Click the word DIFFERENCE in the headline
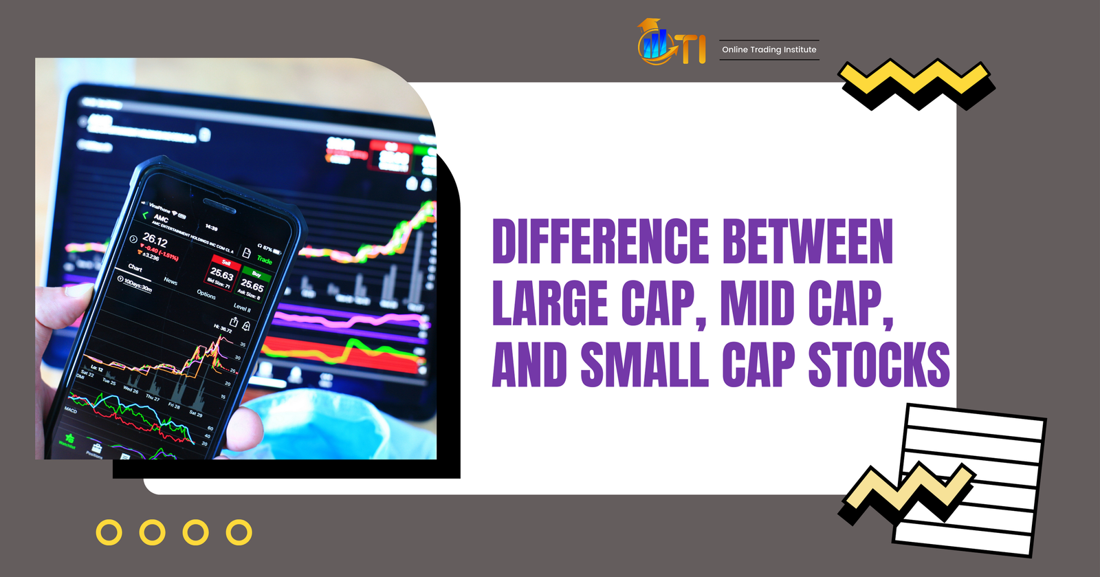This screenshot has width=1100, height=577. click(600, 241)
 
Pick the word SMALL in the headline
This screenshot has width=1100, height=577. click(644, 364)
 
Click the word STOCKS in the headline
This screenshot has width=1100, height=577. click(879, 364)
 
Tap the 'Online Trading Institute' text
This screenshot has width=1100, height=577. click(769, 50)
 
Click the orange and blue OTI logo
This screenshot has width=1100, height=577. click(672, 43)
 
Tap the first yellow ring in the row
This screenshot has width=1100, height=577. click(109, 532)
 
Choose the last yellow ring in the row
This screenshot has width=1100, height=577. click(239, 532)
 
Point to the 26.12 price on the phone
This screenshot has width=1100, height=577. click(155, 240)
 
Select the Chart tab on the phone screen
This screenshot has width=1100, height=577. click(135, 268)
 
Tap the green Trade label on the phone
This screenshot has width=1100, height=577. click(265, 260)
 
